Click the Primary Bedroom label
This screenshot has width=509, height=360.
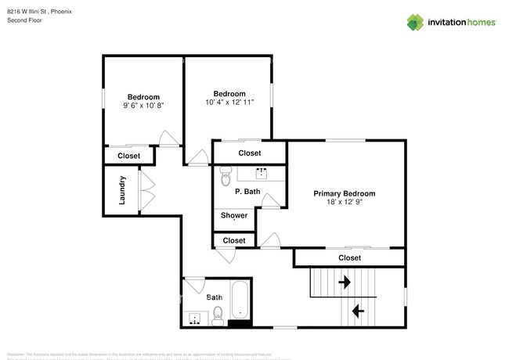pos(344,193)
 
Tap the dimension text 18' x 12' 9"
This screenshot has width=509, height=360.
pos(344,202)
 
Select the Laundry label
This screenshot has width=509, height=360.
pos(123,191)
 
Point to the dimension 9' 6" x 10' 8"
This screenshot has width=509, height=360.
pos(143,105)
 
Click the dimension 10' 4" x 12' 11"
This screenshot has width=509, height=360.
pos(229,102)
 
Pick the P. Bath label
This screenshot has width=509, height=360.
pos(247,192)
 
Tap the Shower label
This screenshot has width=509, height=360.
pos(234,215)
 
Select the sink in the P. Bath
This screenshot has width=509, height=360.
pos(262,171)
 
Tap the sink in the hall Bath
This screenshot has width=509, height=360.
pos(193,318)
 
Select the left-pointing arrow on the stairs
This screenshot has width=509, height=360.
pos(358,311)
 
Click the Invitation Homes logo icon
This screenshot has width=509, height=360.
pos(414,22)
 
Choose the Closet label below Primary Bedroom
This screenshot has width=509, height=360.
pos(349,257)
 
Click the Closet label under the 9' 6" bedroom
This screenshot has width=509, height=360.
pos(128,156)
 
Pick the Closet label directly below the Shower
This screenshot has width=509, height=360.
pos(233,240)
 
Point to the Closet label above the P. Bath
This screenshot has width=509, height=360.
pos(249,153)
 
